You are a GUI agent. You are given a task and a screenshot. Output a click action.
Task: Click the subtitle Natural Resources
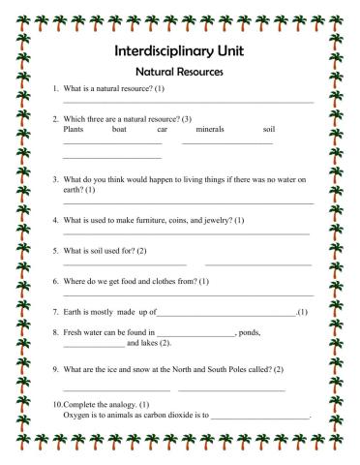pos(179,72)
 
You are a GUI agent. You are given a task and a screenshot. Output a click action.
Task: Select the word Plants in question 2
pos(74,129)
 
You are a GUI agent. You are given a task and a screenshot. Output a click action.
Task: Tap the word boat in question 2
pos(119,129)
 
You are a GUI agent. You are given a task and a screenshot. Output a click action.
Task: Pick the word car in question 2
pos(162,129)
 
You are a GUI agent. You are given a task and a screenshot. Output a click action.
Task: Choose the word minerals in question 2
pos(210,129)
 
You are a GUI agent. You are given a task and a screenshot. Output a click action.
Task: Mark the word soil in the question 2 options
pos(269,129)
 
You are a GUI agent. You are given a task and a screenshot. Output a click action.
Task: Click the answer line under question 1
pos(188,102)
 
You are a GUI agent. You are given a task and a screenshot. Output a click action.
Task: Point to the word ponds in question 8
pos(249,332)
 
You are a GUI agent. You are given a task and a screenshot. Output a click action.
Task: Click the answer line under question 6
pos(188,294)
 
